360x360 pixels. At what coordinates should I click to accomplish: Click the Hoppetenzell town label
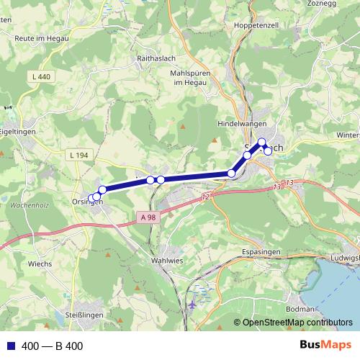[x=251, y=24]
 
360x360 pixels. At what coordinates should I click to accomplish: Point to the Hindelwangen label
[x=242, y=124]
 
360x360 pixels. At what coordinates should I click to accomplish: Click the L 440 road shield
[x=42, y=76]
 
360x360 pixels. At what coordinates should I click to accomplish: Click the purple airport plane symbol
[x=192, y=305]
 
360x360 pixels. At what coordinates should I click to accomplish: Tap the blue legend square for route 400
[x=12, y=346]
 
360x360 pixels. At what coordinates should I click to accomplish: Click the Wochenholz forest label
[x=30, y=205]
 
